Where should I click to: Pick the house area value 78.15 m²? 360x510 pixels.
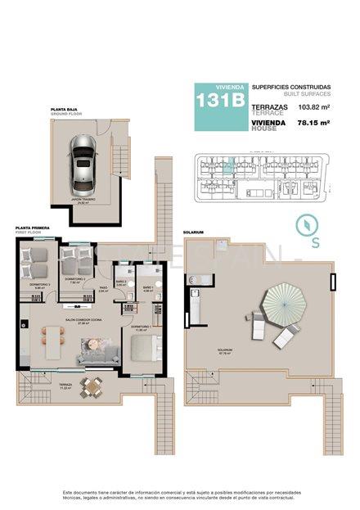coord(313,122)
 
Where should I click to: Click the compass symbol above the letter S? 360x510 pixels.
coord(303,222)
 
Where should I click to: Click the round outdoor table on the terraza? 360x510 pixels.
coord(92,385)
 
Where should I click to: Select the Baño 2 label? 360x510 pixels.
coord(121,282)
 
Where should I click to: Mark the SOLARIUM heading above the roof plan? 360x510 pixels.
coord(193,231)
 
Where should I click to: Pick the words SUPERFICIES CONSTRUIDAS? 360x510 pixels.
coord(290,86)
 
